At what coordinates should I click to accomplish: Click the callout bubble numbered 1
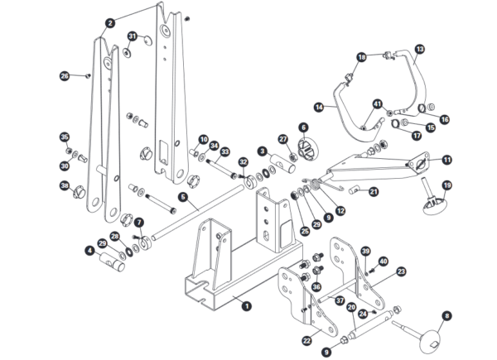(x=246, y=305)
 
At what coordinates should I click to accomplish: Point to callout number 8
(x=447, y=315)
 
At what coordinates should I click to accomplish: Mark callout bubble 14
(x=318, y=107)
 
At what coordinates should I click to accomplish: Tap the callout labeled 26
(x=65, y=76)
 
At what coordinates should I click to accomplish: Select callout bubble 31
(x=133, y=36)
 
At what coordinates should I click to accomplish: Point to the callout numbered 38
(x=65, y=187)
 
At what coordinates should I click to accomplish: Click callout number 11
(x=446, y=159)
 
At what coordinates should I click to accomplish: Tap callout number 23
(x=401, y=271)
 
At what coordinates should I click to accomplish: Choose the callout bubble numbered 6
(x=303, y=127)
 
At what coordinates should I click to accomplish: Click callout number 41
(x=377, y=104)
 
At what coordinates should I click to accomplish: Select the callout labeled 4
(x=89, y=249)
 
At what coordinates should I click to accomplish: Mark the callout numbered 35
(x=65, y=137)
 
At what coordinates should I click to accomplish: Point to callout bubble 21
(x=374, y=192)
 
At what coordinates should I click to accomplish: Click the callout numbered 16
(x=444, y=119)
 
